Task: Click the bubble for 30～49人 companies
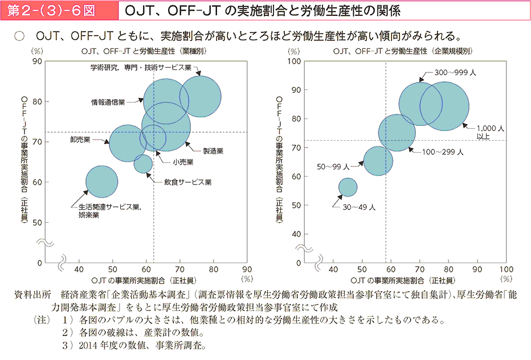(348, 187)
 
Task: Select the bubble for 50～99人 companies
(378, 161)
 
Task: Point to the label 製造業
(213, 151)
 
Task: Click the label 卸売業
(81, 138)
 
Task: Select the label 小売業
(183, 162)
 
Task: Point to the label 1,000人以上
(489, 133)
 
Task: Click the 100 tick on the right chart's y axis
(296, 61)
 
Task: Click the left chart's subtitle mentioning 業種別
(144, 51)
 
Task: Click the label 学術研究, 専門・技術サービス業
(140, 68)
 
